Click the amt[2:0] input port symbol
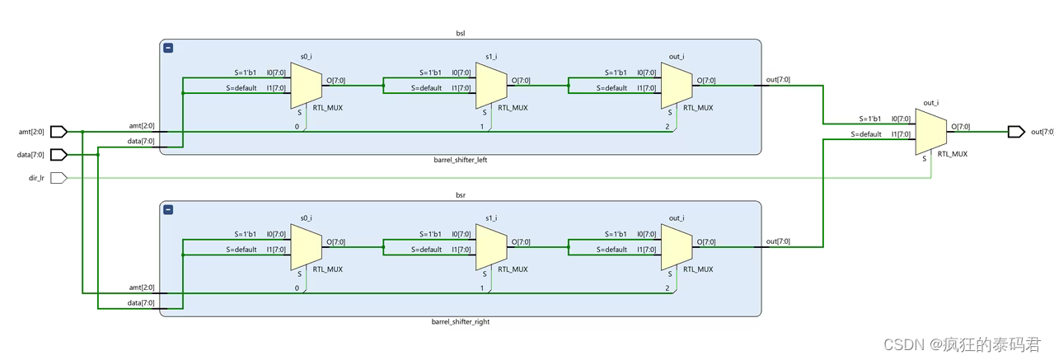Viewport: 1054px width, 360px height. coord(59,132)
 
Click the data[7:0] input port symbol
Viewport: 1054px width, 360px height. coord(59,154)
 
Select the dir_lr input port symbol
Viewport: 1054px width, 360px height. coord(59,177)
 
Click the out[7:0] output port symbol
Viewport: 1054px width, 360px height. coord(1016,132)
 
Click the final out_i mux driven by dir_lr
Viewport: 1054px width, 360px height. coord(931,132)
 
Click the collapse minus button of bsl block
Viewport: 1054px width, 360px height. coord(168,49)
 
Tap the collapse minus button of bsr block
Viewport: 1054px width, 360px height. coord(168,210)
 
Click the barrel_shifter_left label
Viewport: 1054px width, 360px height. coord(460,160)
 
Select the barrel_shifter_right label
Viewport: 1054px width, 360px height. coord(460,321)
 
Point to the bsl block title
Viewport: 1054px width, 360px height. coord(460,34)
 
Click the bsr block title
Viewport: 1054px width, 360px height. coord(460,195)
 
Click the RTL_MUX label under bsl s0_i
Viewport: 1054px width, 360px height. coord(328,108)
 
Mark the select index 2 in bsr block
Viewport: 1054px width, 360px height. coord(668,288)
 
